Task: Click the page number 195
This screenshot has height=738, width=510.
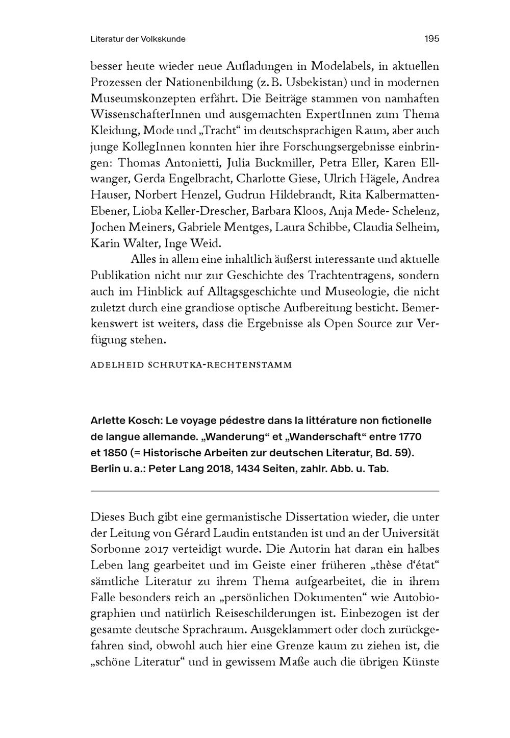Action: tap(431, 39)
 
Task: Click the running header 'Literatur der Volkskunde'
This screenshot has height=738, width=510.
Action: tap(138, 39)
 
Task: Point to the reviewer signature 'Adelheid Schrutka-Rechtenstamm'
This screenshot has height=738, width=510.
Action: tap(191, 365)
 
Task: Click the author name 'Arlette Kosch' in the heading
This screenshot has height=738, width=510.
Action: tap(125, 421)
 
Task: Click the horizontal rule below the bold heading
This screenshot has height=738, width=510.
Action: tap(265, 491)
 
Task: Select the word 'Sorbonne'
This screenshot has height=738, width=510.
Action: tap(113, 550)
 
